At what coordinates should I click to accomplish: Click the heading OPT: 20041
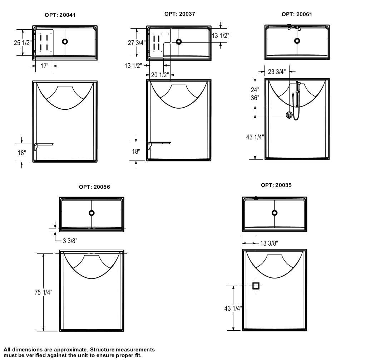pyautogui.click(x=60, y=15)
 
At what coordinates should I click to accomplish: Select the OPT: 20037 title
pyautogui.click(x=180, y=14)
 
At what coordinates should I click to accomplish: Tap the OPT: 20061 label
pyautogui.click(x=297, y=14)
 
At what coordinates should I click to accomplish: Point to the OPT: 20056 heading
pyautogui.click(x=94, y=187)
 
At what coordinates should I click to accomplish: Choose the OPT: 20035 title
pyautogui.click(x=276, y=185)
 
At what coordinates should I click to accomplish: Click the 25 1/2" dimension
pyautogui.click(x=23, y=43)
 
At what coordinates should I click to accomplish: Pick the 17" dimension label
pyautogui.click(x=44, y=66)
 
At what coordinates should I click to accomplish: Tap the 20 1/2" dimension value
pyautogui.click(x=159, y=75)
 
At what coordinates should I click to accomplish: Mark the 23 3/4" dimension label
pyautogui.click(x=277, y=72)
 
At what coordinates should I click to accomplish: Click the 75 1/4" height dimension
pyautogui.click(x=44, y=292)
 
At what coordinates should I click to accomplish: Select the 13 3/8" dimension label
pyautogui.click(x=269, y=243)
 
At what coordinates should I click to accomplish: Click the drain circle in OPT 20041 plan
pyautogui.click(x=65, y=41)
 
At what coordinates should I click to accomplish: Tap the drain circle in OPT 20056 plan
pyautogui.click(x=91, y=213)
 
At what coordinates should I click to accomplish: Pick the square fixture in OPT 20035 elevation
pyautogui.click(x=256, y=286)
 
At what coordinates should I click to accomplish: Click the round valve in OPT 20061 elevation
pyautogui.click(x=289, y=115)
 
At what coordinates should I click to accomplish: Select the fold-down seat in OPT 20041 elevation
pyautogui.click(x=44, y=144)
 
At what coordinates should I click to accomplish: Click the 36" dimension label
pyautogui.click(x=255, y=98)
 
